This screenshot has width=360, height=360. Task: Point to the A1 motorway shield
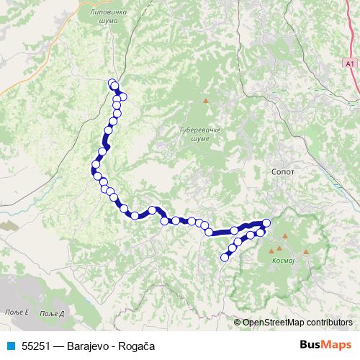point(349,64)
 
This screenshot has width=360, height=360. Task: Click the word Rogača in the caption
point(137,346)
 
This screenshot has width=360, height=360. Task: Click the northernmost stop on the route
point(112,84)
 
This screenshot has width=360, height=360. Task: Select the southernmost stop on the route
point(225,257)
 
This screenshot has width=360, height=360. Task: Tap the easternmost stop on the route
point(266,222)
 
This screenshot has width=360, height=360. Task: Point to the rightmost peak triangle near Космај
point(306,251)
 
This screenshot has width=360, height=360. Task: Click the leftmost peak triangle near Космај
point(271,251)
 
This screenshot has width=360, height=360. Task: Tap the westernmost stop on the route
point(94,171)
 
